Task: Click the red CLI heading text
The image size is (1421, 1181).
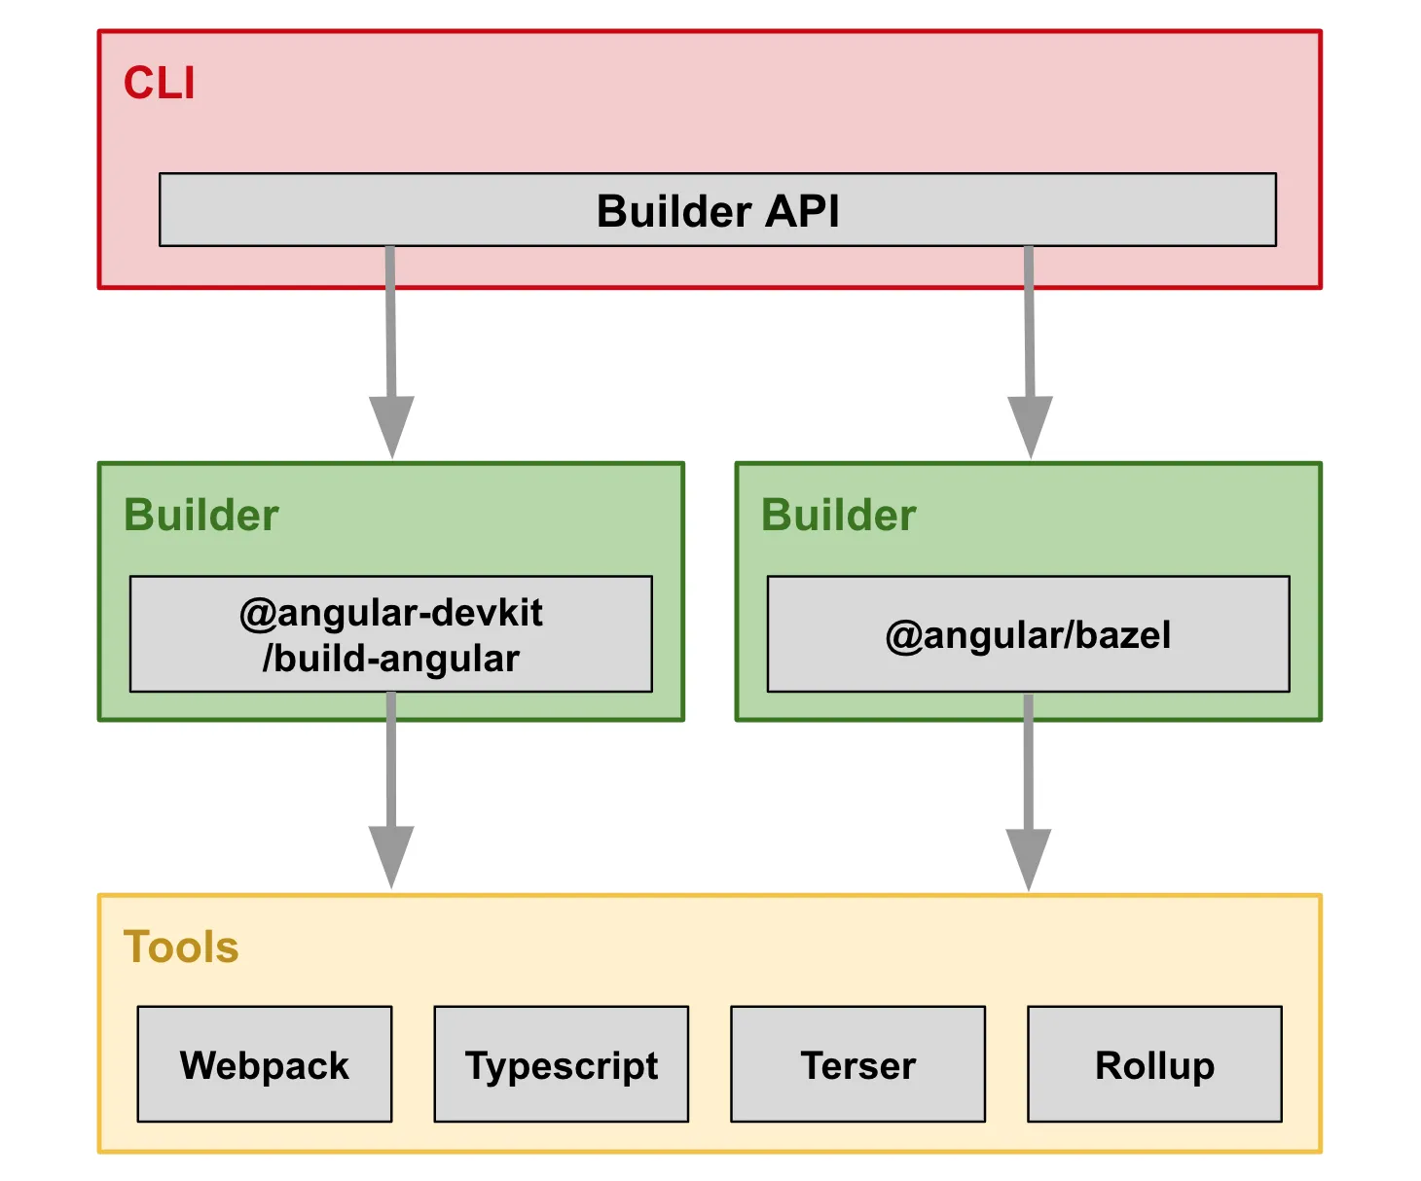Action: (x=159, y=84)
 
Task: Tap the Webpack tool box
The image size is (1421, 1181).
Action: (x=264, y=1064)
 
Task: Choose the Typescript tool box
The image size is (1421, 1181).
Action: (x=561, y=1064)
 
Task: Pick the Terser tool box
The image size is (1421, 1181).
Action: (x=857, y=1064)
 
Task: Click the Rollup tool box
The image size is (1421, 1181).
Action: (x=1154, y=1064)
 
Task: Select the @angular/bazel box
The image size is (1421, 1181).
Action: (x=1028, y=634)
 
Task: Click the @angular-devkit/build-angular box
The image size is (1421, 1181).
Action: (x=390, y=633)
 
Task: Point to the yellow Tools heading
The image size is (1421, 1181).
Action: (x=181, y=947)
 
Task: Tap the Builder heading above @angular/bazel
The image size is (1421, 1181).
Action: (x=838, y=515)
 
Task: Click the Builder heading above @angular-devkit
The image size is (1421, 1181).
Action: (x=200, y=515)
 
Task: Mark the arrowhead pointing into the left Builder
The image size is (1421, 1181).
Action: (x=391, y=426)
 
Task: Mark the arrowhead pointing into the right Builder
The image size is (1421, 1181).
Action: (x=1030, y=426)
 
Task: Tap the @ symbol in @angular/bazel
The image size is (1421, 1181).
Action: (x=903, y=635)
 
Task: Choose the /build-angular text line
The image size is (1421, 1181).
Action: (x=390, y=659)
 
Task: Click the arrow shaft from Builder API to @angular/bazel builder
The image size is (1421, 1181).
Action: (x=1029, y=321)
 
